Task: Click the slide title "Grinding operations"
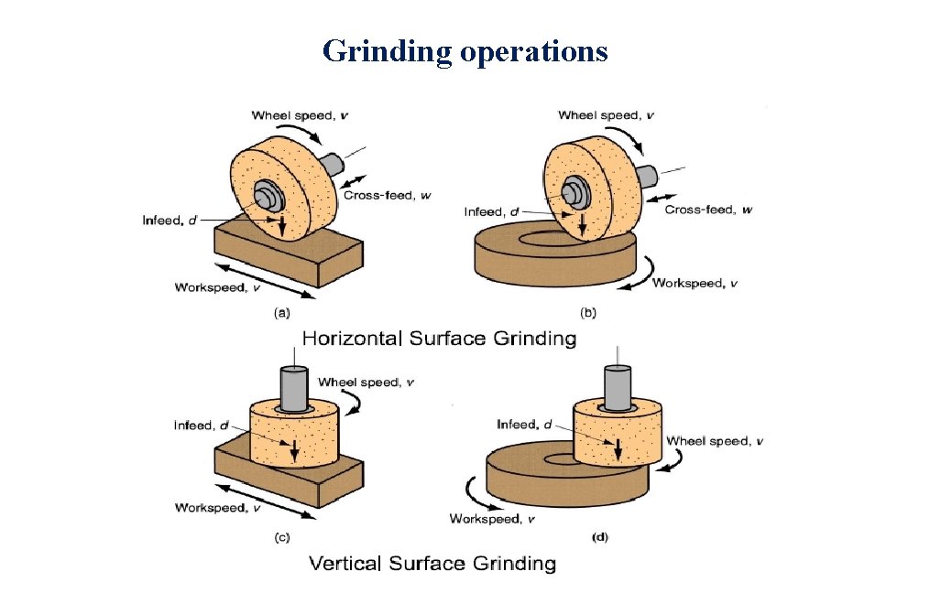[x=465, y=50]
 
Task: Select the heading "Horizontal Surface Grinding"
[x=439, y=339]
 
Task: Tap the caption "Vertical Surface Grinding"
[x=432, y=563]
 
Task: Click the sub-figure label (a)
[x=282, y=313]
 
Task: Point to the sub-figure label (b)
[x=587, y=313]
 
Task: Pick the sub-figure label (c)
[x=282, y=538]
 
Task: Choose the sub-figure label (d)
[x=599, y=538]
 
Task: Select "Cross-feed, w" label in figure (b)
[x=708, y=210]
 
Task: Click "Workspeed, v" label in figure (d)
[x=492, y=519]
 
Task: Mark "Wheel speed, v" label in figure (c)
[x=365, y=383]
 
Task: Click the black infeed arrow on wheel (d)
[x=618, y=447]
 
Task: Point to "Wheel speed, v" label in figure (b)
[x=605, y=115]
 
